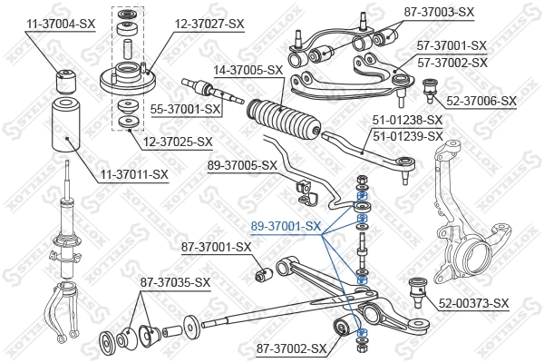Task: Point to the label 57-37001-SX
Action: pyautogui.click(x=452, y=44)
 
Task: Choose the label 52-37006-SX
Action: pyautogui.click(x=480, y=101)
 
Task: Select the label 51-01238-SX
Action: pyautogui.click(x=407, y=120)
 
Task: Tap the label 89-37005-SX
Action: pyautogui.click(x=242, y=165)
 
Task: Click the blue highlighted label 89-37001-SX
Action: pyautogui.click(x=286, y=225)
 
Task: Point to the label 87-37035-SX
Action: pyautogui.click(x=175, y=282)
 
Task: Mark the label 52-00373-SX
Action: pyautogui.click(x=473, y=303)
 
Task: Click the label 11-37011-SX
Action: pyautogui.click(x=134, y=173)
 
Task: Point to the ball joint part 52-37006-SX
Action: pyautogui.click(x=433, y=89)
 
